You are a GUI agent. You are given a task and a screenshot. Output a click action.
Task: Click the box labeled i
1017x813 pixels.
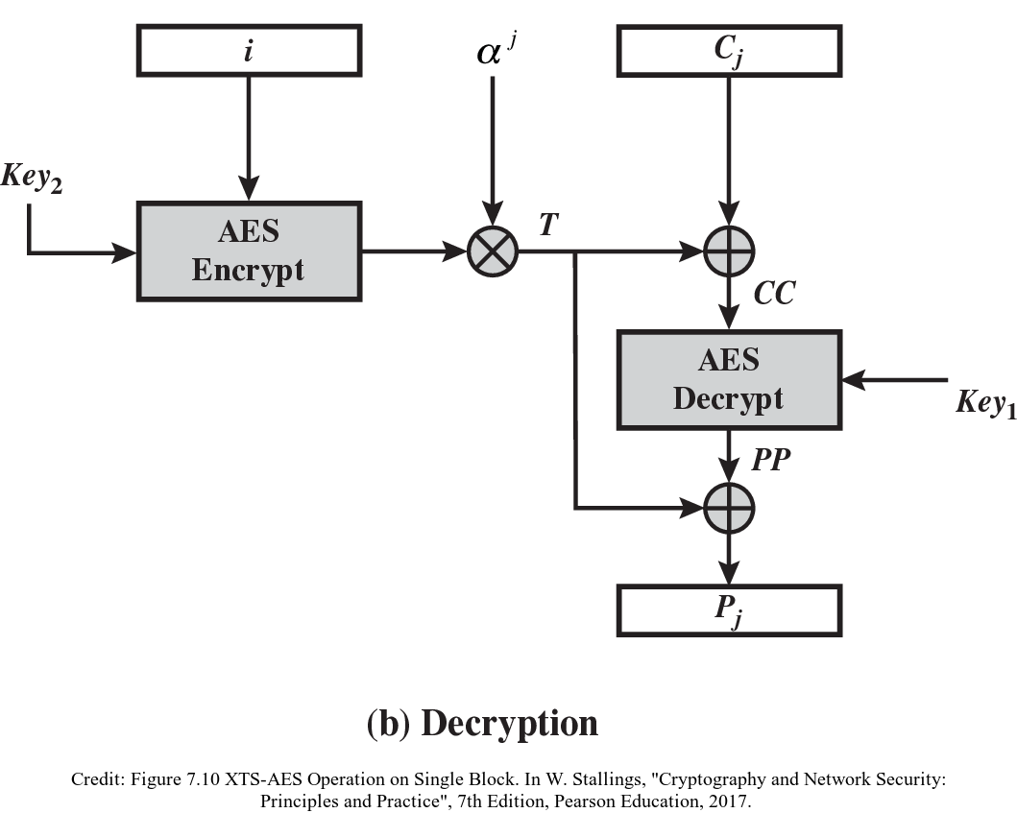coord(249,50)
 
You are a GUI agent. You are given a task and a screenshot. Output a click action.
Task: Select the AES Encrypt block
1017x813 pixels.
coord(249,251)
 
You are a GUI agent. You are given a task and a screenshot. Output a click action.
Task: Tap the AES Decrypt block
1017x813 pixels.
coord(729,379)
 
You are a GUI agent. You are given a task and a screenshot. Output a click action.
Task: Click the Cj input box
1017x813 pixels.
coord(729,50)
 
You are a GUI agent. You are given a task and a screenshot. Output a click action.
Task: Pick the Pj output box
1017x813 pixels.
coord(729,610)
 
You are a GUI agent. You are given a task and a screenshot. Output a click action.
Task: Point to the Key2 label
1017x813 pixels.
coord(32,179)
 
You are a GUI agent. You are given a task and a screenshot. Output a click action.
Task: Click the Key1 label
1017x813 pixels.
coord(984,402)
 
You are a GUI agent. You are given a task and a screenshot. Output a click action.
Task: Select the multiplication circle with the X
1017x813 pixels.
coord(493,252)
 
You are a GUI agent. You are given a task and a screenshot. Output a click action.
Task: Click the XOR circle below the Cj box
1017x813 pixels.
coord(729,252)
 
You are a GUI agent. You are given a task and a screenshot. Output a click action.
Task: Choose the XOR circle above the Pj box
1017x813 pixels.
coord(729,508)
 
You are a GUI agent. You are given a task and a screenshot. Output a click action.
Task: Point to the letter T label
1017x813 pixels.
coord(548,225)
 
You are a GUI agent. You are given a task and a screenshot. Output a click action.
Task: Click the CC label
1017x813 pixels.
coord(774,293)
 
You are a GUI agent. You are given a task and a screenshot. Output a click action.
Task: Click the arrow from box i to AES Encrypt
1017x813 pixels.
coord(249,134)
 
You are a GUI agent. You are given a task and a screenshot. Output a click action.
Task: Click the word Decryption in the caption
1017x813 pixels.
coord(509,723)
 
